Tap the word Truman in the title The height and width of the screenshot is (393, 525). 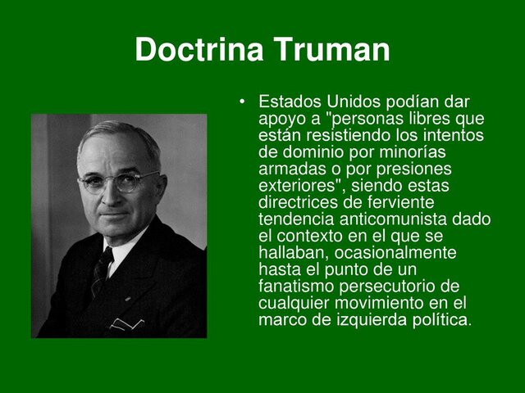click(x=331, y=51)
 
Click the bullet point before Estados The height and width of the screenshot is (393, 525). click(x=243, y=102)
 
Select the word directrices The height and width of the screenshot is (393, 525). click(x=299, y=201)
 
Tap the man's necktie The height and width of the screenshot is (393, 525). click(x=101, y=271)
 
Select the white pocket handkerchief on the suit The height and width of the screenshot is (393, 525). click(x=128, y=323)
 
